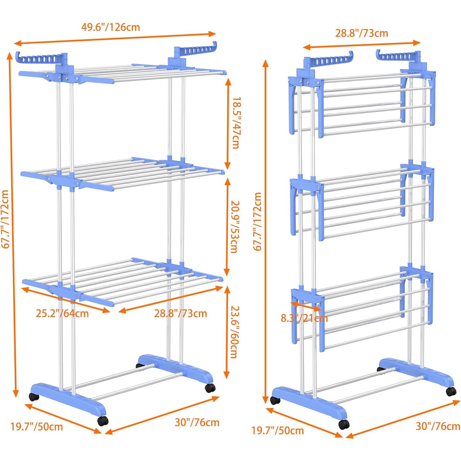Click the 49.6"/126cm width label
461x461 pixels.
(x=110, y=27)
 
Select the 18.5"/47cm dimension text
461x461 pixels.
(x=236, y=123)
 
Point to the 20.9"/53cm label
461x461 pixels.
(x=235, y=227)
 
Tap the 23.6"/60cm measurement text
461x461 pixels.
(x=235, y=332)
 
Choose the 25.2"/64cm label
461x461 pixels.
(x=62, y=313)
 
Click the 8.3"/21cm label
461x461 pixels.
(x=304, y=318)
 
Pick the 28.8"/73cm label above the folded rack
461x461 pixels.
(x=361, y=33)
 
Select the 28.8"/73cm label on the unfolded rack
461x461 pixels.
(x=181, y=313)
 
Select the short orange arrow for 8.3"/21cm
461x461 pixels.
(x=306, y=306)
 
